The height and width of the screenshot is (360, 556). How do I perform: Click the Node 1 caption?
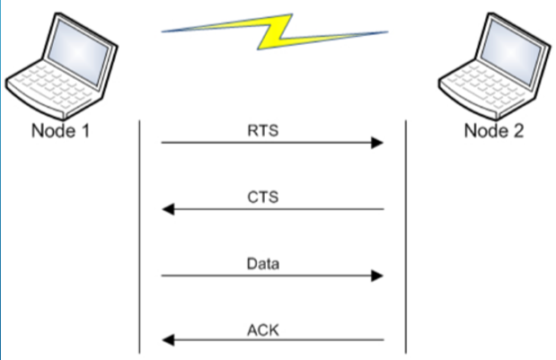[x=60, y=131]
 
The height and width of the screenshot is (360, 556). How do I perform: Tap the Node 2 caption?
[x=493, y=131]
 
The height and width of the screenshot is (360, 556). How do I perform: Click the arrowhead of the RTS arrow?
[x=378, y=143]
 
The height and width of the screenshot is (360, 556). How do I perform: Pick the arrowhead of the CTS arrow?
[x=167, y=210]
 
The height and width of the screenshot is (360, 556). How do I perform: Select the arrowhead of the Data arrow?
[x=378, y=277]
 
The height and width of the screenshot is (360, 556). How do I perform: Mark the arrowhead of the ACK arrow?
[x=167, y=341]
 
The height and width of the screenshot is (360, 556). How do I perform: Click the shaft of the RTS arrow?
[x=269, y=143]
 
